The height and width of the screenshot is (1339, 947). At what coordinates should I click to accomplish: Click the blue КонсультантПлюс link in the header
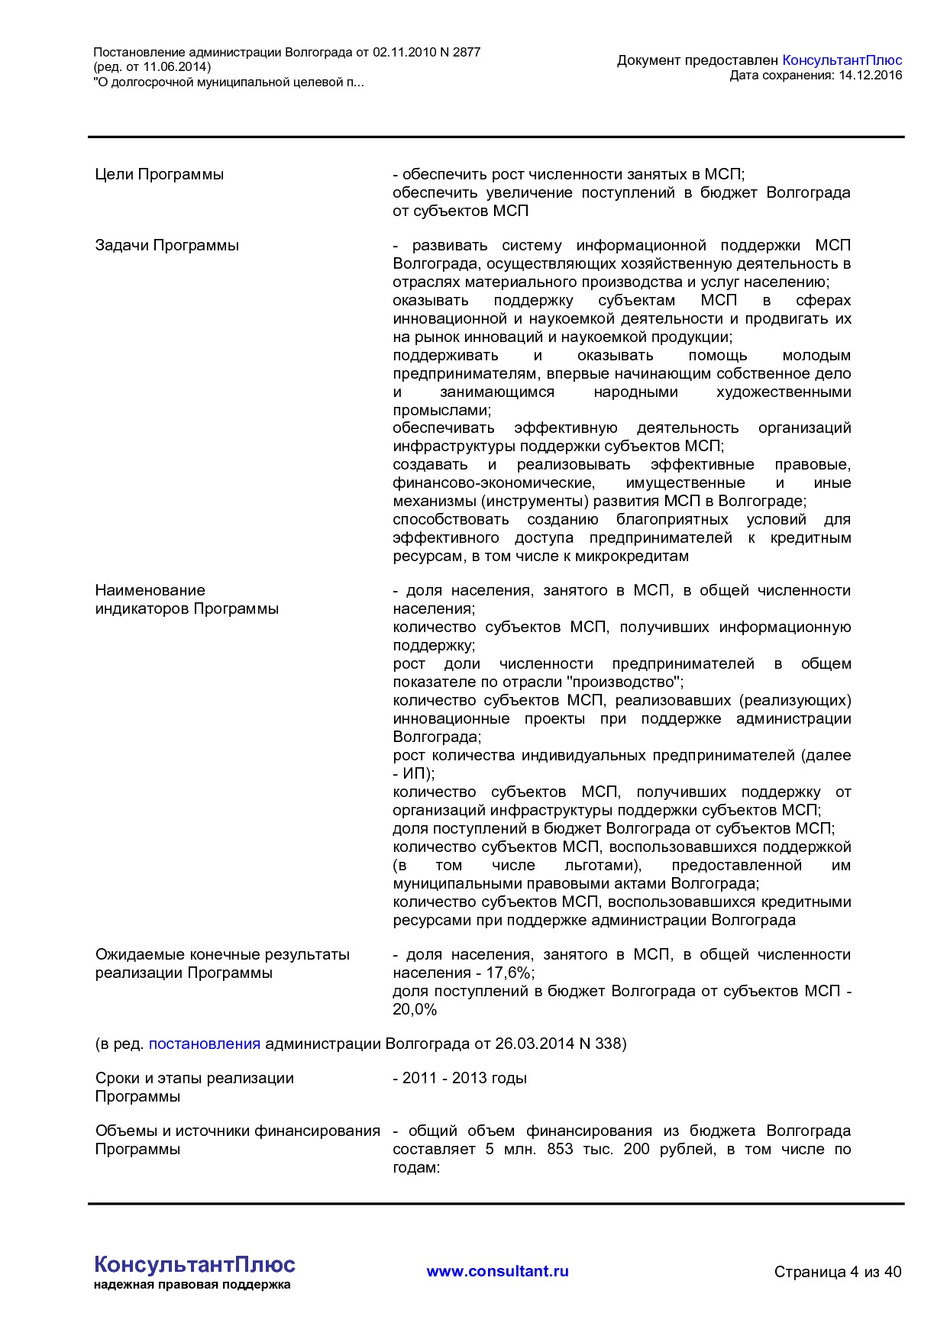point(842,60)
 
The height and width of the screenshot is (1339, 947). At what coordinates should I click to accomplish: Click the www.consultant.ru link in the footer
point(497,1271)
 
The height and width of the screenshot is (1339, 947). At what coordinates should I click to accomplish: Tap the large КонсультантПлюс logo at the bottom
point(195,1264)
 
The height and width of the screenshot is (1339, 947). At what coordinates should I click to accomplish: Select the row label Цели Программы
point(159,174)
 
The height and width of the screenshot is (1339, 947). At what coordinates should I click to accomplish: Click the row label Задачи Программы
point(166,245)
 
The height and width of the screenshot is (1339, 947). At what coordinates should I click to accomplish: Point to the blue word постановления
point(204,1044)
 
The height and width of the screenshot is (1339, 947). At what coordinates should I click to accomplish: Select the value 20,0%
point(415,1009)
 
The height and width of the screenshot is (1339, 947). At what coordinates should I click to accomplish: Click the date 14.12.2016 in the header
point(870,75)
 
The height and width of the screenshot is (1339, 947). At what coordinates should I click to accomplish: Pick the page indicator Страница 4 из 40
point(837,1272)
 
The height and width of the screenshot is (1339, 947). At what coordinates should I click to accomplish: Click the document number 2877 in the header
point(466,53)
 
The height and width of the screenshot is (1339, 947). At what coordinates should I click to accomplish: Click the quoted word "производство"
point(618,682)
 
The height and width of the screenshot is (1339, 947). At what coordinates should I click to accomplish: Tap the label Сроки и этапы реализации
point(194,1078)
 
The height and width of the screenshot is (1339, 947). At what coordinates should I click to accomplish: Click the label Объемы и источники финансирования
point(238,1131)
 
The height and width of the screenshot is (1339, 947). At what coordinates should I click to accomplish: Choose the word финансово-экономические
point(493,482)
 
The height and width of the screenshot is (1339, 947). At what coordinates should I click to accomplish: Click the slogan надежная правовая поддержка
point(192,1285)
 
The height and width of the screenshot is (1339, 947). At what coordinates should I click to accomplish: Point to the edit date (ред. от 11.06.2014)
point(152,67)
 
